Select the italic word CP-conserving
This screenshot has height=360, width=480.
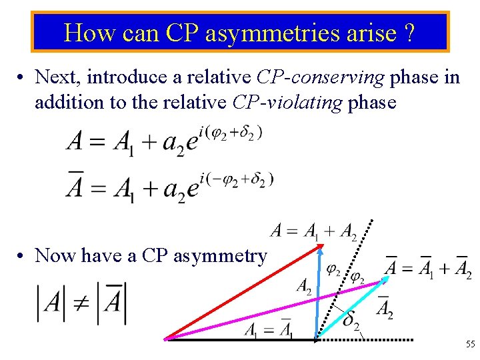pos(320,77)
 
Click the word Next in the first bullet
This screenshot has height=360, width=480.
pos(55,77)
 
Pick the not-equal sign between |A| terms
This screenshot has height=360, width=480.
pos(81,303)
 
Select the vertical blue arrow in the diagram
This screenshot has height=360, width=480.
pos(319,293)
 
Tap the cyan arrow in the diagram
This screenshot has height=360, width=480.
pos(350,309)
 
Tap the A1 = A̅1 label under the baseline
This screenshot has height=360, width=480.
pos(268,329)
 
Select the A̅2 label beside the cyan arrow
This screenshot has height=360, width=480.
pos(385,309)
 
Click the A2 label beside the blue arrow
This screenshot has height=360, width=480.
pos(303,287)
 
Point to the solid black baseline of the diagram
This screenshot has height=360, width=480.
pos(240,339)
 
